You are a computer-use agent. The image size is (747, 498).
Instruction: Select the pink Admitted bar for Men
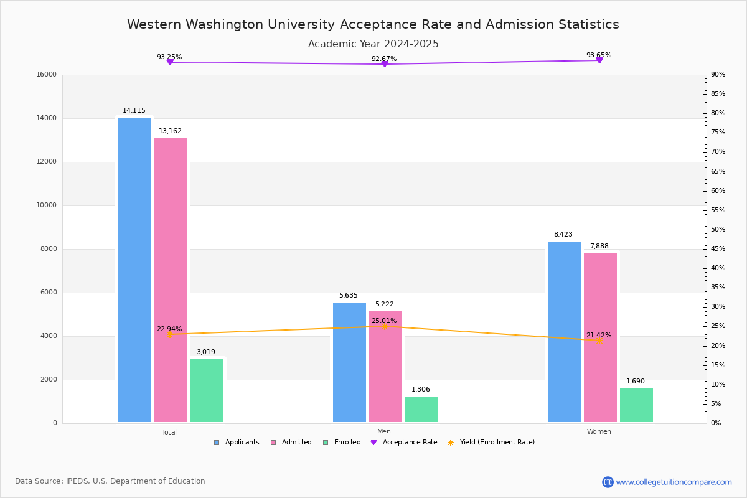click(385, 367)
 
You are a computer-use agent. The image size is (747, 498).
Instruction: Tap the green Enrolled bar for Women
click(636, 405)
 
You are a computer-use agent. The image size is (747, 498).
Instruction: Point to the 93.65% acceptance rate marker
click(599, 60)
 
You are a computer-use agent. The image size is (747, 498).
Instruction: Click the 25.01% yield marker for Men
click(384, 326)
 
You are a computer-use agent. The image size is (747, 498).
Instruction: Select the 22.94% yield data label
click(169, 329)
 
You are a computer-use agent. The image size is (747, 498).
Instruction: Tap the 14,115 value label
click(134, 111)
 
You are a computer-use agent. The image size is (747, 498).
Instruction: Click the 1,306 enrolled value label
click(421, 390)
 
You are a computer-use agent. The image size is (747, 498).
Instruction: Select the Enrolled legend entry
click(342, 443)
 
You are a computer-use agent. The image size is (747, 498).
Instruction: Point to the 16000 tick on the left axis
click(47, 75)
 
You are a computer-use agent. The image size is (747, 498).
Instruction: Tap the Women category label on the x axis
click(599, 432)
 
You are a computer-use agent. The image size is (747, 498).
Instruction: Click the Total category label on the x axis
click(169, 432)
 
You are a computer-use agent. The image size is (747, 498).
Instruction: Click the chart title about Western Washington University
click(373, 24)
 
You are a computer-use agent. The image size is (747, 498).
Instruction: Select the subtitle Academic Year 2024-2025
click(373, 44)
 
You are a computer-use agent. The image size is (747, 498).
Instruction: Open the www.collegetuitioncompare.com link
click(674, 482)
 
